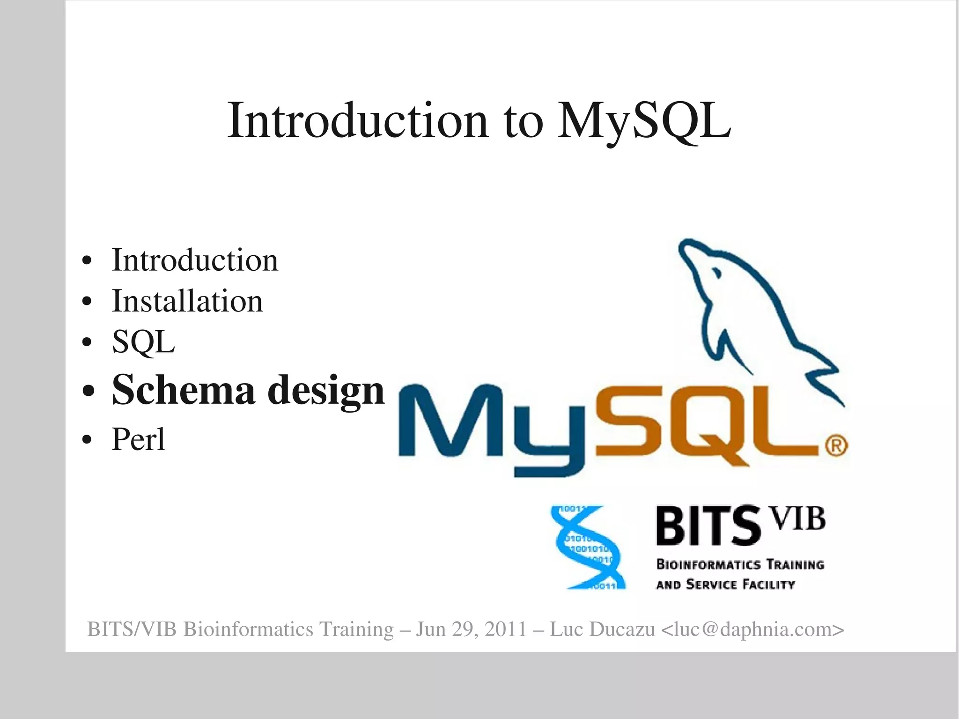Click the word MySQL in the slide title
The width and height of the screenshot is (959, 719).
pos(644,121)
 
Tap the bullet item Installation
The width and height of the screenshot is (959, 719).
pos(187,301)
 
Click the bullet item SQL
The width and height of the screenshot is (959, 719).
pos(143,342)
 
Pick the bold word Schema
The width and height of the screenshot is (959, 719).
pos(184,390)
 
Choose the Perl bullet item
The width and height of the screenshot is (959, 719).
pos(138,439)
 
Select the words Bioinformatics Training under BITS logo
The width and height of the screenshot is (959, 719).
pos(740,564)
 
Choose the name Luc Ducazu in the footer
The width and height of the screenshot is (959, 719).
pos(602,629)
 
